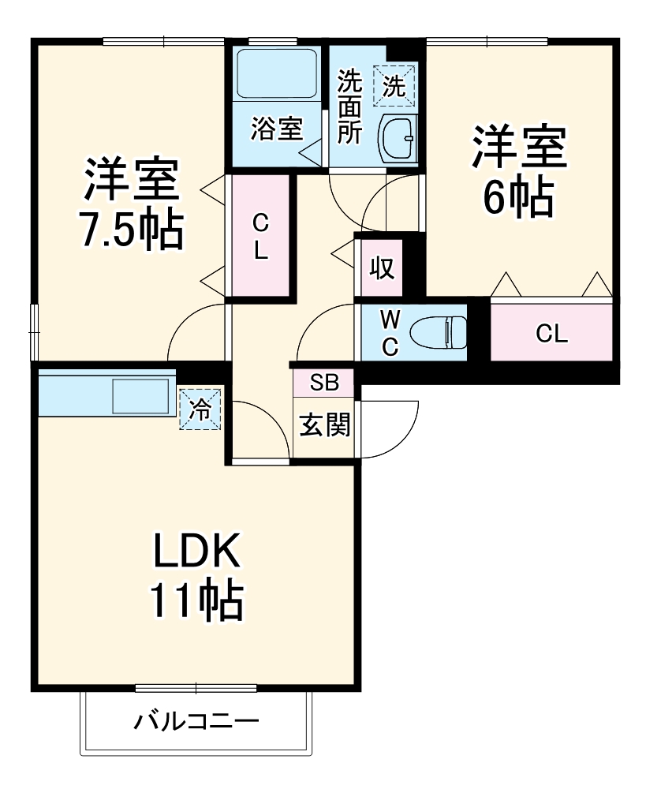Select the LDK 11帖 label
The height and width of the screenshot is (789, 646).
(x=196, y=576)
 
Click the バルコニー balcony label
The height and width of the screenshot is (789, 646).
(x=196, y=721)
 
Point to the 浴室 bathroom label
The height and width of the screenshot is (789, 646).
(x=277, y=129)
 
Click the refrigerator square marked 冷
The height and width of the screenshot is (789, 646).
(x=201, y=409)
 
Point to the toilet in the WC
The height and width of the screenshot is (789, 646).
(x=442, y=332)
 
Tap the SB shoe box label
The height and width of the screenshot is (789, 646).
(x=324, y=383)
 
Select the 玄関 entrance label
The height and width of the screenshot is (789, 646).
(x=324, y=426)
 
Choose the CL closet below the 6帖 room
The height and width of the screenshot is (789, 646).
(x=551, y=333)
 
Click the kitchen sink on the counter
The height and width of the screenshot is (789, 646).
(x=142, y=394)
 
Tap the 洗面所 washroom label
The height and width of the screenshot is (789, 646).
(x=349, y=107)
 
